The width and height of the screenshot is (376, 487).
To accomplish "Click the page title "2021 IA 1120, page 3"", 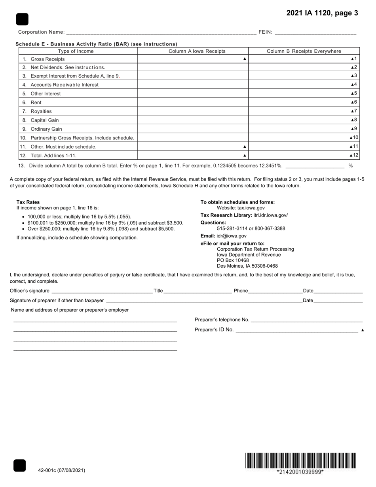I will tap(322, 13).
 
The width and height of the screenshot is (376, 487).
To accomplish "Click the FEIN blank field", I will tap(315, 32).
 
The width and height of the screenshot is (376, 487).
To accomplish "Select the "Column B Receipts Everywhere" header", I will tap(304, 51).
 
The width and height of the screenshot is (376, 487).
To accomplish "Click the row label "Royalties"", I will tap(41, 111).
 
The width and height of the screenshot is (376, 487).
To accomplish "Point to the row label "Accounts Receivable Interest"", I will tap(64, 85).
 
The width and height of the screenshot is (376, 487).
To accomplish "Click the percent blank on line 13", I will tap(315, 166).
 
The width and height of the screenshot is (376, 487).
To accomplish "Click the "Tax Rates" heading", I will tap(28, 202).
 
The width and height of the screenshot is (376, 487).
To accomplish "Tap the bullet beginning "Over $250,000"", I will tap(101, 229).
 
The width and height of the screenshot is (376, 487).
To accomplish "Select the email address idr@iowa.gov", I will tap(231, 236).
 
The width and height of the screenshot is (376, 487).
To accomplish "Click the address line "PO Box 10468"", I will tap(233, 260).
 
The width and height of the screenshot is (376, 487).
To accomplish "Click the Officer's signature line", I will tap(102, 291).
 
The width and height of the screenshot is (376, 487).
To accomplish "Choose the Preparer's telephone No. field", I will tap(307, 320).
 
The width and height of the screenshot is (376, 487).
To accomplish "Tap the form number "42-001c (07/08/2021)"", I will tap(61, 470).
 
